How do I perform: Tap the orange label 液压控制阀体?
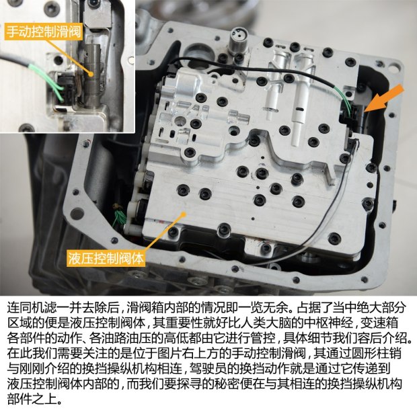(x=106, y=258)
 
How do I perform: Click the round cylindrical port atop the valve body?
(x=238, y=38)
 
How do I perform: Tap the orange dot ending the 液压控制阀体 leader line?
(x=183, y=213)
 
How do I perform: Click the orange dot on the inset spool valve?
(x=91, y=74)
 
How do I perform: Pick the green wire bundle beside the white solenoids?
(x=119, y=216)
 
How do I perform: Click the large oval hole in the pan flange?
(x=77, y=214)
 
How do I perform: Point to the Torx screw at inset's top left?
(x=51, y=9)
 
